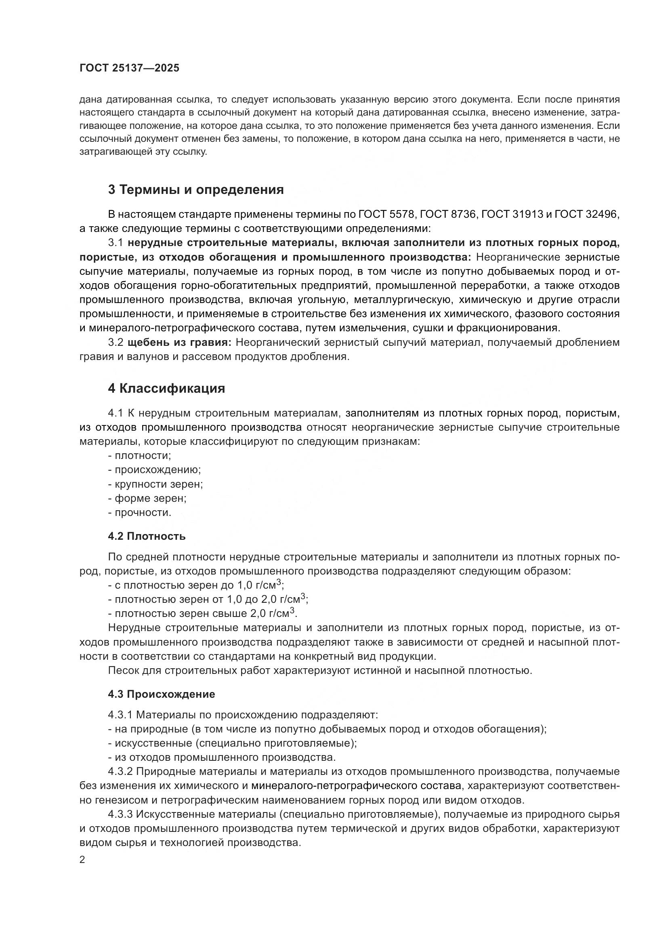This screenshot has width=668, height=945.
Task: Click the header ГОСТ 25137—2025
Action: click(129, 68)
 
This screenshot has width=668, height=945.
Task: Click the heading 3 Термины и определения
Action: click(196, 189)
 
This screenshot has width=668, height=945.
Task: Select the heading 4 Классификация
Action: click(166, 388)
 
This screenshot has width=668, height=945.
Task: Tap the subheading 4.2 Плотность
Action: click(147, 536)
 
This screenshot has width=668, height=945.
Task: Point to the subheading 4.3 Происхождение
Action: click(161, 695)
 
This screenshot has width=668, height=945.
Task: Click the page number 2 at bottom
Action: click(82, 860)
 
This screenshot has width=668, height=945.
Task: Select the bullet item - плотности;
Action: click(139, 456)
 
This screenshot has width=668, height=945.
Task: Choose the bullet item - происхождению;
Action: click(154, 470)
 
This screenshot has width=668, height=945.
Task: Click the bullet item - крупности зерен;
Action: click(155, 484)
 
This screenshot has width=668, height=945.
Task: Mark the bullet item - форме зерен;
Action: click(147, 499)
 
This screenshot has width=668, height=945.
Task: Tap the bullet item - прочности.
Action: click(139, 513)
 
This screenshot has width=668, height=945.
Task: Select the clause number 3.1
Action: click(116, 243)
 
